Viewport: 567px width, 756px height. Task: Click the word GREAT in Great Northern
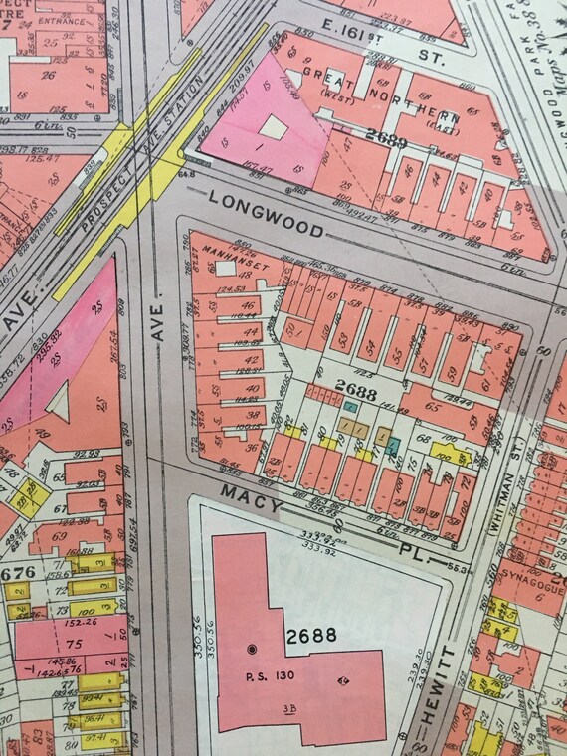pyautogui.click(x=328, y=73)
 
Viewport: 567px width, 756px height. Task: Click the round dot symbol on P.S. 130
pyautogui.click(x=251, y=651)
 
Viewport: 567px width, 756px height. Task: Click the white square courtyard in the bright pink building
pyautogui.click(x=274, y=127)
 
